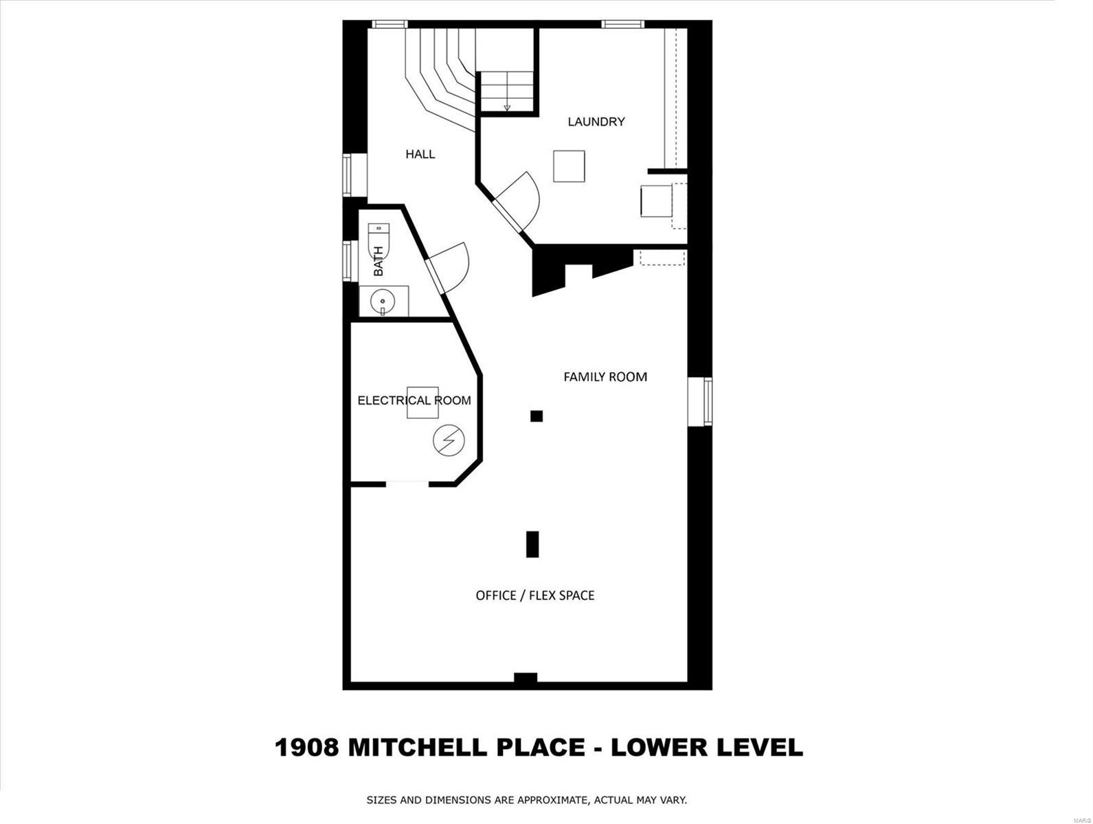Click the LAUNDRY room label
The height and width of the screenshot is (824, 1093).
(x=596, y=122)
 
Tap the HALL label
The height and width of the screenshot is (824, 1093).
(x=420, y=154)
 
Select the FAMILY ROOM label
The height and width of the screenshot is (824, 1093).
(x=605, y=376)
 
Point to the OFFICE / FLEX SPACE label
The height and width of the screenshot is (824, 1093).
(x=534, y=595)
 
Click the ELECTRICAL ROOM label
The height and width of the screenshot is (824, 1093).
(x=414, y=400)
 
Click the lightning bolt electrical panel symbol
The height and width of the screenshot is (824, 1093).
(x=449, y=440)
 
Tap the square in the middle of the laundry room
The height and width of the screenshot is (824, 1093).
(x=569, y=166)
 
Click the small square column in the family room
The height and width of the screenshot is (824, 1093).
(x=537, y=415)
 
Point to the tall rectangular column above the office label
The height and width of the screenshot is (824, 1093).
(x=532, y=544)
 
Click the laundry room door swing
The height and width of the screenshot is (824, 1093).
(x=522, y=199)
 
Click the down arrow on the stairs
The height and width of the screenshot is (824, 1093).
(x=507, y=106)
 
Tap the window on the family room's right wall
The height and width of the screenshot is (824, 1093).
(x=706, y=401)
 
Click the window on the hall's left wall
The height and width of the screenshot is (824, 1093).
(x=347, y=175)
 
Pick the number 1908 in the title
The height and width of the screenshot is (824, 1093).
(x=307, y=747)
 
